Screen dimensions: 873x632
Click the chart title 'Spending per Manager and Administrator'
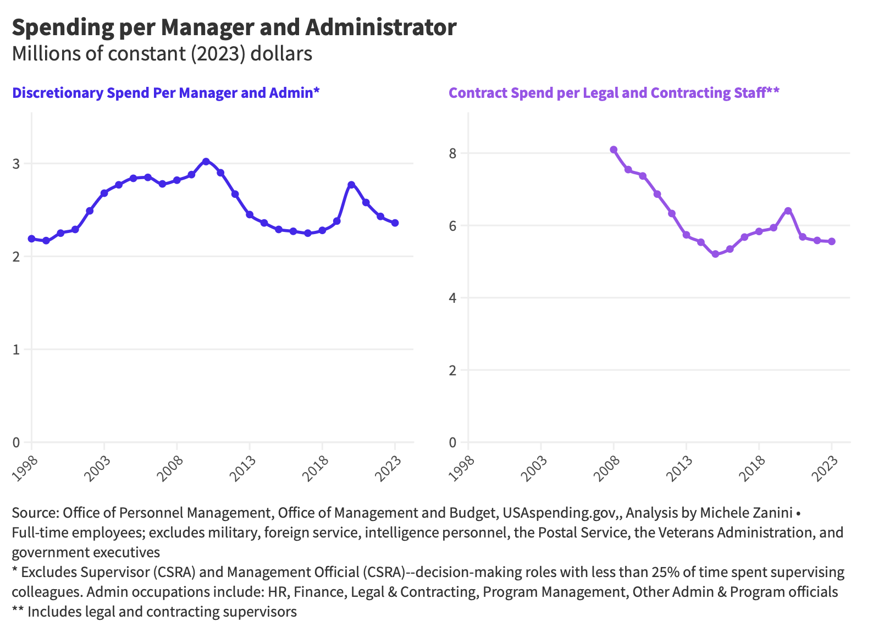point(234,28)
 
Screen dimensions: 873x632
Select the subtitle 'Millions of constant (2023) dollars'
point(162,53)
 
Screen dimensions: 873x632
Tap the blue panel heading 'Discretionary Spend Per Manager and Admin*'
point(165,93)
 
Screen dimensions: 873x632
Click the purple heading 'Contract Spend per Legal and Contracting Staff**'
point(614,93)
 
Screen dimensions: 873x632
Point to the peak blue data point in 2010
point(206,162)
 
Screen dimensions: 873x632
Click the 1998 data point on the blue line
point(31,239)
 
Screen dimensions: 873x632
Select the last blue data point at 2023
point(395,223)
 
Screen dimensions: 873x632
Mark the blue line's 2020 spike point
point(351,185)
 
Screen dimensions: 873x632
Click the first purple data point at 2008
point(614,149)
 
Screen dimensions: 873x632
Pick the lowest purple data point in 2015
point(715,254)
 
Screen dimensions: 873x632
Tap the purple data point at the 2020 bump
point(788,211)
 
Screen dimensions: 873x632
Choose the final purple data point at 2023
point(832,242)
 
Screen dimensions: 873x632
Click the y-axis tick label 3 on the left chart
point(16,164)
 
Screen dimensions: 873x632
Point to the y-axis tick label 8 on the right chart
point(452,153)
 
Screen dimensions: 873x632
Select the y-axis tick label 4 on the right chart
point(452,298)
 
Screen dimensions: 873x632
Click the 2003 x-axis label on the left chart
point(97,468)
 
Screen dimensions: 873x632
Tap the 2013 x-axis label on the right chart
point(679,468)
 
